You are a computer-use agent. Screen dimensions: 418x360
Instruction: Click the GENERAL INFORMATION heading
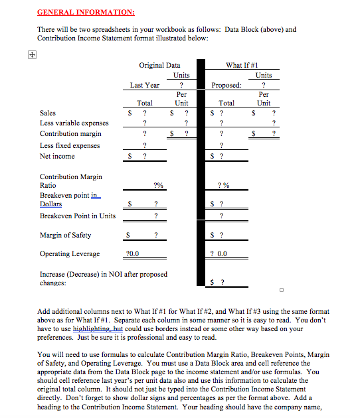click(86, 12)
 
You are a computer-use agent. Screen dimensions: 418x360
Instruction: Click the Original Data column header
click(159, 65)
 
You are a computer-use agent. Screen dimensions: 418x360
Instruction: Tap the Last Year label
click(145, 85)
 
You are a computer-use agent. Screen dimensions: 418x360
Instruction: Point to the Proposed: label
click(227, 85)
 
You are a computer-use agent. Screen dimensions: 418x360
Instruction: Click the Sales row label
click(48, 113)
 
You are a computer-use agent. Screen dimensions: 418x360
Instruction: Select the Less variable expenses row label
click(74, 123)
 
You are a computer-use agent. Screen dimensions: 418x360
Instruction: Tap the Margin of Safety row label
click(66, 235)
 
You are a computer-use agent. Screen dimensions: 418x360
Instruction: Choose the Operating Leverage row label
click(70, 253)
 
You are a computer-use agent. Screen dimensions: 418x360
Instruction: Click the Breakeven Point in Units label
click(78, 216)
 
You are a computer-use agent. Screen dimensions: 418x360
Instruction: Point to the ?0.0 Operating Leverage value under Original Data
click(132, 253)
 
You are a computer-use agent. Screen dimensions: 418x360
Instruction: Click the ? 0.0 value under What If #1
click(218, 253)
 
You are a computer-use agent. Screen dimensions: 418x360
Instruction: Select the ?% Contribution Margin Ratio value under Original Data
click(158, 185)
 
